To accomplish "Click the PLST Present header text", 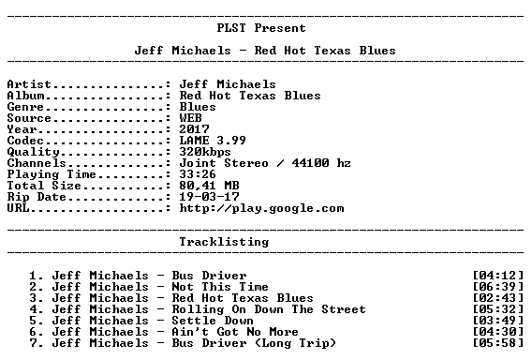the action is (x=261, y=28).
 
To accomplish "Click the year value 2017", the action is (x=195, y=129).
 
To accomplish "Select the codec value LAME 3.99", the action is (x=213, y=141).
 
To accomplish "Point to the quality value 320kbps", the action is (x=205, y=152).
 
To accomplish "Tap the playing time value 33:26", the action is (x=198, y=174).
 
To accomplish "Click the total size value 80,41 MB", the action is (x=210, y=186).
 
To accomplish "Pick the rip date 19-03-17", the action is (x=210, y=197).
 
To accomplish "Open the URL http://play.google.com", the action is (x=262, y=208).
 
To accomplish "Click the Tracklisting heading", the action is (x=224, y=242).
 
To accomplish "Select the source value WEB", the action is (x=191, y=118).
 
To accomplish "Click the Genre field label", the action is (x=25, y=107).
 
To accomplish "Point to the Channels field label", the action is (x=37, y=163).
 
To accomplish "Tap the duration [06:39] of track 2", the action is (x=498, y=287).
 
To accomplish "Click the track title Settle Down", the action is (x=213, y=321).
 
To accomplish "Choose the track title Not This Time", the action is (x=220, y=287).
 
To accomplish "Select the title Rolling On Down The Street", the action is (x=269, y=309).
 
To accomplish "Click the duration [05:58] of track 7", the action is (x=498, y=343).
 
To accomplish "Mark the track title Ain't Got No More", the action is (x=235, y=332).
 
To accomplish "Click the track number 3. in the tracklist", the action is (x=37, y=298).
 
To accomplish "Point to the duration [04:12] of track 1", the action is (x=498, y=276).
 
